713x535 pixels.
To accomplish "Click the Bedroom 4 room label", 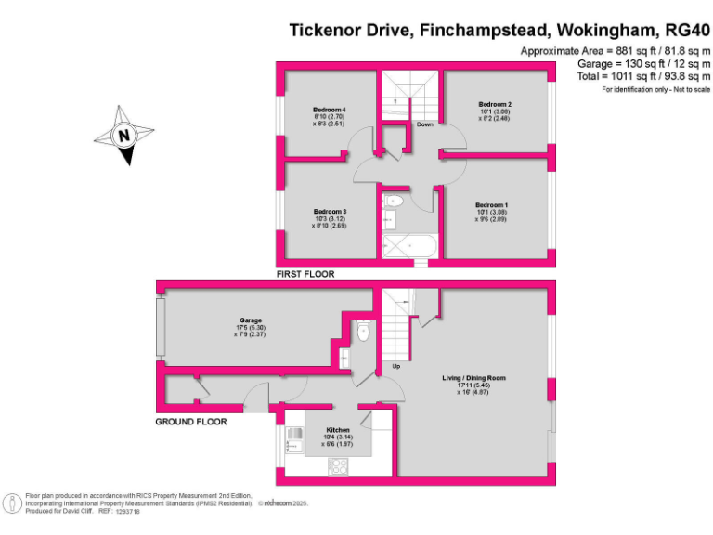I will [x=330, y=110].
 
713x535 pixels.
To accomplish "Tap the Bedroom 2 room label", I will [x=495, y=104].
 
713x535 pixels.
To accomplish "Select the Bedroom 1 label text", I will [x=492, y=204].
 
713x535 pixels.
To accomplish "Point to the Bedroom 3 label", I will [x=330, y=211].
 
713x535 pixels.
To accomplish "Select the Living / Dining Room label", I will [x=473, y=378].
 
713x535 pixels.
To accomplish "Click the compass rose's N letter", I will [x=123, y=136].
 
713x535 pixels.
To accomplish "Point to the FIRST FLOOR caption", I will [x=305, y=275].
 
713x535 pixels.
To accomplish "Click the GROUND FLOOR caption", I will [x=190, y=422].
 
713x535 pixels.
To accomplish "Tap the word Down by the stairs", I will [x=424, y=124].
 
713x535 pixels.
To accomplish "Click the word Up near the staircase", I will [x=397, y=365].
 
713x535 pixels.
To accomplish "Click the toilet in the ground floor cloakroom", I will [x=363, y=332].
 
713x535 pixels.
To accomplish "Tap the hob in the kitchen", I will [x=337, y=467].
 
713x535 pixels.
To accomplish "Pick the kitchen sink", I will [x=292, y=441].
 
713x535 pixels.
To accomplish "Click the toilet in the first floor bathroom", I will [x=394, y=200].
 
